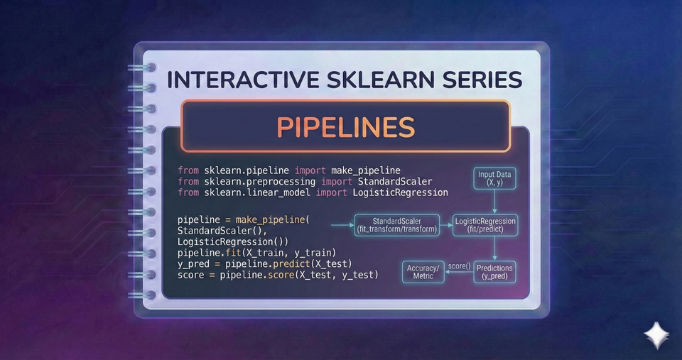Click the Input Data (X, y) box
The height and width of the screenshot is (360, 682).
496,178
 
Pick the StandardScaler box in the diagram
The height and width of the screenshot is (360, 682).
396,224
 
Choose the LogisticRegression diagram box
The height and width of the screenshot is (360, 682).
486,225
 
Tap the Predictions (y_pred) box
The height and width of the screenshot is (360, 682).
494,271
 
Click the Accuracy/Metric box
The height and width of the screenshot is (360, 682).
423,271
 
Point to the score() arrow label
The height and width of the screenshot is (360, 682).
459,266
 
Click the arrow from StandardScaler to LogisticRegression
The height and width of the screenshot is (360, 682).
447,226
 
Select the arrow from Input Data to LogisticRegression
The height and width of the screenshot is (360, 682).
496,202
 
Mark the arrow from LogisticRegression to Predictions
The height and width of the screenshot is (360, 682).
495,249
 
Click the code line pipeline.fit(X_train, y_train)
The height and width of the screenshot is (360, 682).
256,253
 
